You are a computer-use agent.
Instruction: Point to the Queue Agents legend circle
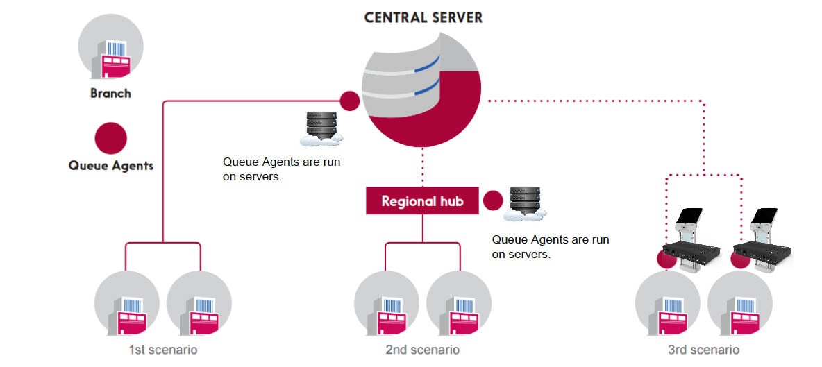click(110, 138)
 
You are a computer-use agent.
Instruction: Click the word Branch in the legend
click(110, 93)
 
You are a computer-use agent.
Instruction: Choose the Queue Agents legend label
click(111, 166)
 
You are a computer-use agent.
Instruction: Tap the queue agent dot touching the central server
click(350, 101)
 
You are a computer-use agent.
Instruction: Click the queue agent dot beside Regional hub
click(492, 201)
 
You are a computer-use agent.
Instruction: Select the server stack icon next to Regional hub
click(524, 203)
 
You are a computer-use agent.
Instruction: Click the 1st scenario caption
click(162, 350)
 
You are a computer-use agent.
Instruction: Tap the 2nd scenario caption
click(422, 350)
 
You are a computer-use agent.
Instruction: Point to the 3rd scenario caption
click(703, 350)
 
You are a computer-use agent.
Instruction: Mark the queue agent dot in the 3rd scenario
click(667, 259)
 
